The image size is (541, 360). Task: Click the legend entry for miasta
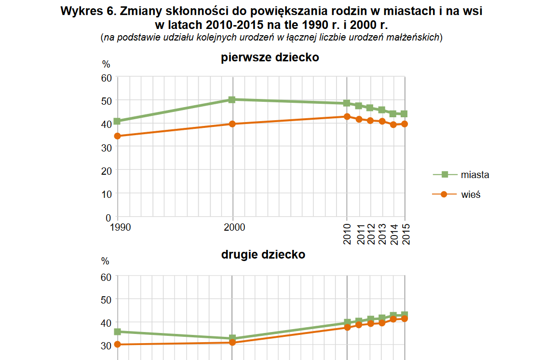tap(474, 175)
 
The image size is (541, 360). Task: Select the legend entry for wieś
tap(471, 194)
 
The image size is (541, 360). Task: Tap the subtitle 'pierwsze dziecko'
tap(270, 58)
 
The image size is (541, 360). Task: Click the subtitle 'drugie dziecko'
tap(263, 254)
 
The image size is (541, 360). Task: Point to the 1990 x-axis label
tap(117, 227)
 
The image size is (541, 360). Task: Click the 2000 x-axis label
tap(232, 227)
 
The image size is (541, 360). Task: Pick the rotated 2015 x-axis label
tap(406, 234)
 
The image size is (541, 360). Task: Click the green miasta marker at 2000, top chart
tap(232, 99)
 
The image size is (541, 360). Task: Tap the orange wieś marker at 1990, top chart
tap(117, 136)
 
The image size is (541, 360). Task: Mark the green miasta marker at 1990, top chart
tap(117, 121)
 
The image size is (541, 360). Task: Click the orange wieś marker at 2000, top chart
tap(232, 124)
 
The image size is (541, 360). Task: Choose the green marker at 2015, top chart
tap(404, 114)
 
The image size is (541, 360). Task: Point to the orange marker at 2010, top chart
tap(347, 117)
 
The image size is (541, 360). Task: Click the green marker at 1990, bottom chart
tap(117, 332)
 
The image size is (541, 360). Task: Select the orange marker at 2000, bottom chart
tap(232, 342)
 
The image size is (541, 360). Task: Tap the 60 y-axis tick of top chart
tap(106, 77)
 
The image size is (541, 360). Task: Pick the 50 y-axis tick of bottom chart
tap(106, 299)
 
